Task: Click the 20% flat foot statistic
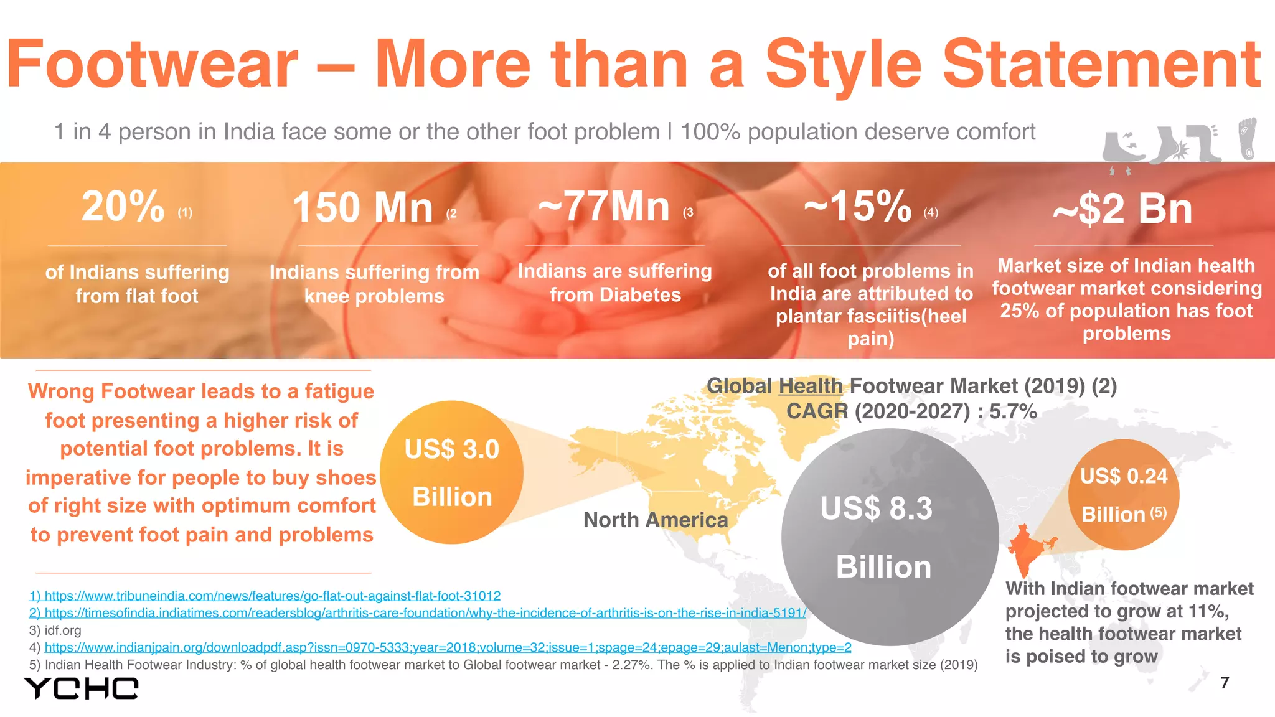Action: tap(123, 207)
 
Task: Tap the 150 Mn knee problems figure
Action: tap(363, 208)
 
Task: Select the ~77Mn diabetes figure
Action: tap(604, 207)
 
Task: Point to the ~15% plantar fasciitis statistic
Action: tap(857, 207)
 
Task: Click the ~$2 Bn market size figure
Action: tap(1122, 209)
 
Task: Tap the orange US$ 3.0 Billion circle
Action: tap(451, 472)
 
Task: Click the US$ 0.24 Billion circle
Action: tap(1123, 495)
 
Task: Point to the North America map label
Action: tap(656, 520)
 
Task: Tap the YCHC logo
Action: tap(81, 688)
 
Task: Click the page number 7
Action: tap(1225, 683)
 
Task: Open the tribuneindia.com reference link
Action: tap(272, 596)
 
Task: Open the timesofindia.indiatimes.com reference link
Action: tap(425, 613)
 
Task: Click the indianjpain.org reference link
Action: tap(448, 648)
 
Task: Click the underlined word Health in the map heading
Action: tap(810, 387)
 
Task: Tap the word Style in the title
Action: tap(842, 65)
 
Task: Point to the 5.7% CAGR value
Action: tap(1013, 411)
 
